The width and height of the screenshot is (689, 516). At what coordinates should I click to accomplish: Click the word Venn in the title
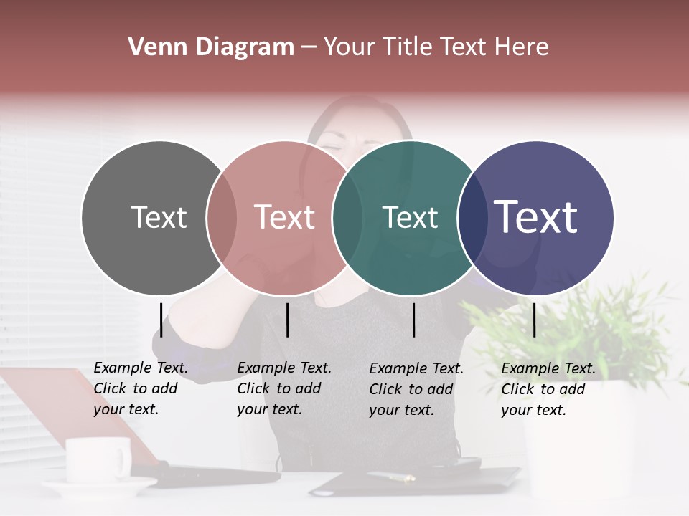tap(154, 47)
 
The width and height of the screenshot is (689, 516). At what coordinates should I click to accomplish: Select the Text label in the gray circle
tap(159, 217)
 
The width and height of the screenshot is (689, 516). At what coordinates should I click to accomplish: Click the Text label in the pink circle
tap(284, 217)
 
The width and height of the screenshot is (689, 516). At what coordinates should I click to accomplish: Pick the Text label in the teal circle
tap(410, 217)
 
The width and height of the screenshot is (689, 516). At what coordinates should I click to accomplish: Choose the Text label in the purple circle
tap(535, 217)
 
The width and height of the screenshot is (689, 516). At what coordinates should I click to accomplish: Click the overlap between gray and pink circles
tap(222, 218)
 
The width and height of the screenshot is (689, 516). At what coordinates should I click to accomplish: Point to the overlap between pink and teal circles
tap(347, 218)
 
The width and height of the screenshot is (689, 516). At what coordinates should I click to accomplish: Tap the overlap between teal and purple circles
tap(472, 218)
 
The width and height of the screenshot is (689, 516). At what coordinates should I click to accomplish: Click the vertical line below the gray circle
tap(161, 320)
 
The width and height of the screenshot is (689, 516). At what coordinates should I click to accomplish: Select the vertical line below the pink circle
tap(287, 320)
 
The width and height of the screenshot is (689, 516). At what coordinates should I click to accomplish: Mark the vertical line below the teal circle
tap(414, 320)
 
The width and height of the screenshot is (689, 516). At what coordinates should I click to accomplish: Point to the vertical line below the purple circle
tap(534, 320)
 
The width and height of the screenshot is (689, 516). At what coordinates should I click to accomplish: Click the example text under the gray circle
tap(141, 388)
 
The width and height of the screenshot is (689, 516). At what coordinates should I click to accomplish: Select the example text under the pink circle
tap(284, 388)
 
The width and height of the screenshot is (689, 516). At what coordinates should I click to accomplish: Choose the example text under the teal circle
tap(416, 389)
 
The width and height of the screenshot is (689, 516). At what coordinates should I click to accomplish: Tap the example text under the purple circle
tap(548, 389)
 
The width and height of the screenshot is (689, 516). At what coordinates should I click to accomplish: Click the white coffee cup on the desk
tap(98, 460)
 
